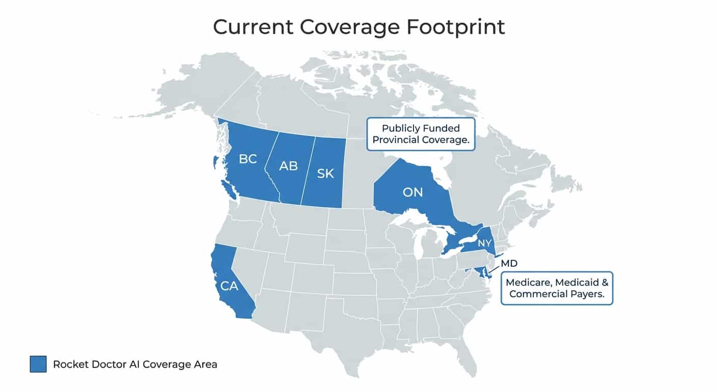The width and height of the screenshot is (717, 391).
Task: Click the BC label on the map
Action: [247, 159]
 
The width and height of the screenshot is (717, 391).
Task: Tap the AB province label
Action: [288, 166]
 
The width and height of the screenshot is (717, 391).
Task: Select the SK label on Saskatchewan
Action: [325, 174]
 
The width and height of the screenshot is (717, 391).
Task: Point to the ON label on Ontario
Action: [412, 192]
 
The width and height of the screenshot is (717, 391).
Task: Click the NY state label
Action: [484, 243]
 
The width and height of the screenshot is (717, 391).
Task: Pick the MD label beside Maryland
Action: [509, 264]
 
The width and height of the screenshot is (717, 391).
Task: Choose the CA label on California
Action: [229, 286]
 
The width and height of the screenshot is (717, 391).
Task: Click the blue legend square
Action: [38, 364]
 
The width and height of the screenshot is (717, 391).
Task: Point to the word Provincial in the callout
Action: [396, 140]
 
